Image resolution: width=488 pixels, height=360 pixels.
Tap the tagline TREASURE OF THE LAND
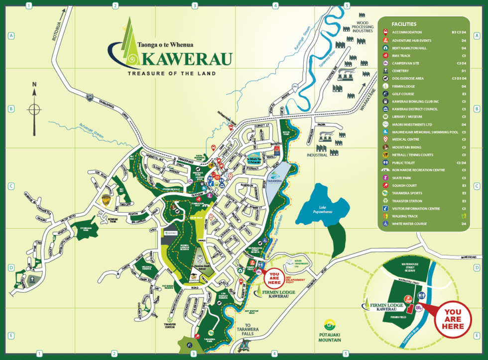(x=172, y=73)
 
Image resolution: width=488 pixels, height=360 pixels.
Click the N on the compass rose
(x=34, y=85)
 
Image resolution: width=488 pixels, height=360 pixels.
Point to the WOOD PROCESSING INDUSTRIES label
(x=362, y=27)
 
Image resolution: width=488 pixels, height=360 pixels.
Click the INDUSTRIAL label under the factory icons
(x=317, y=155)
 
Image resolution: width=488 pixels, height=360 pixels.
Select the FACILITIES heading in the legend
(x=404, y=24)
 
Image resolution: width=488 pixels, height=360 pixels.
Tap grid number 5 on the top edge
(x=347, y=5)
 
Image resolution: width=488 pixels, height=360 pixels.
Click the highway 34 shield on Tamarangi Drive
(x=90, y=96)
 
